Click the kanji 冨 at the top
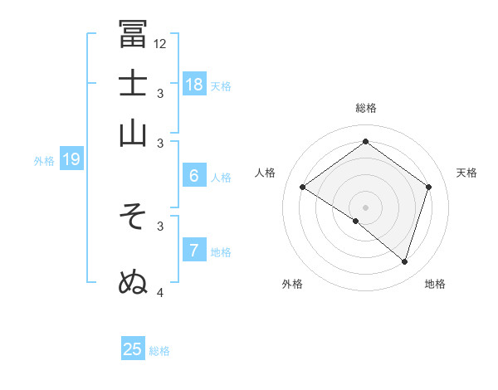[x=133, y=34]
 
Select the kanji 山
[x=133, y=132]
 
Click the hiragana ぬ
[x=133, y=281]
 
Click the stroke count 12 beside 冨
[x=160, y=43]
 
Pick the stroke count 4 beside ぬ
[x=160, y=291]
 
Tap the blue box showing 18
[x=194, y=84]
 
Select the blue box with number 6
[x=194, y=176]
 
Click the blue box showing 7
[x=193, y=251]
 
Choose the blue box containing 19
[x=71, y=159]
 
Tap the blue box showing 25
[x=133, y=349]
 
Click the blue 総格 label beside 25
[x=159, y=351]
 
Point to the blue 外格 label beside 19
[x=44, y=161]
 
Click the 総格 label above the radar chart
[x=366, y=108]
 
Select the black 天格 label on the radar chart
[x=466, y=173]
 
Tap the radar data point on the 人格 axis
[x=303, y=188]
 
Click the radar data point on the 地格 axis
[x=404, y=261]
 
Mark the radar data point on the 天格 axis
[x=429, y=188]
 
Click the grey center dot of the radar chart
[x=366, y=207]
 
